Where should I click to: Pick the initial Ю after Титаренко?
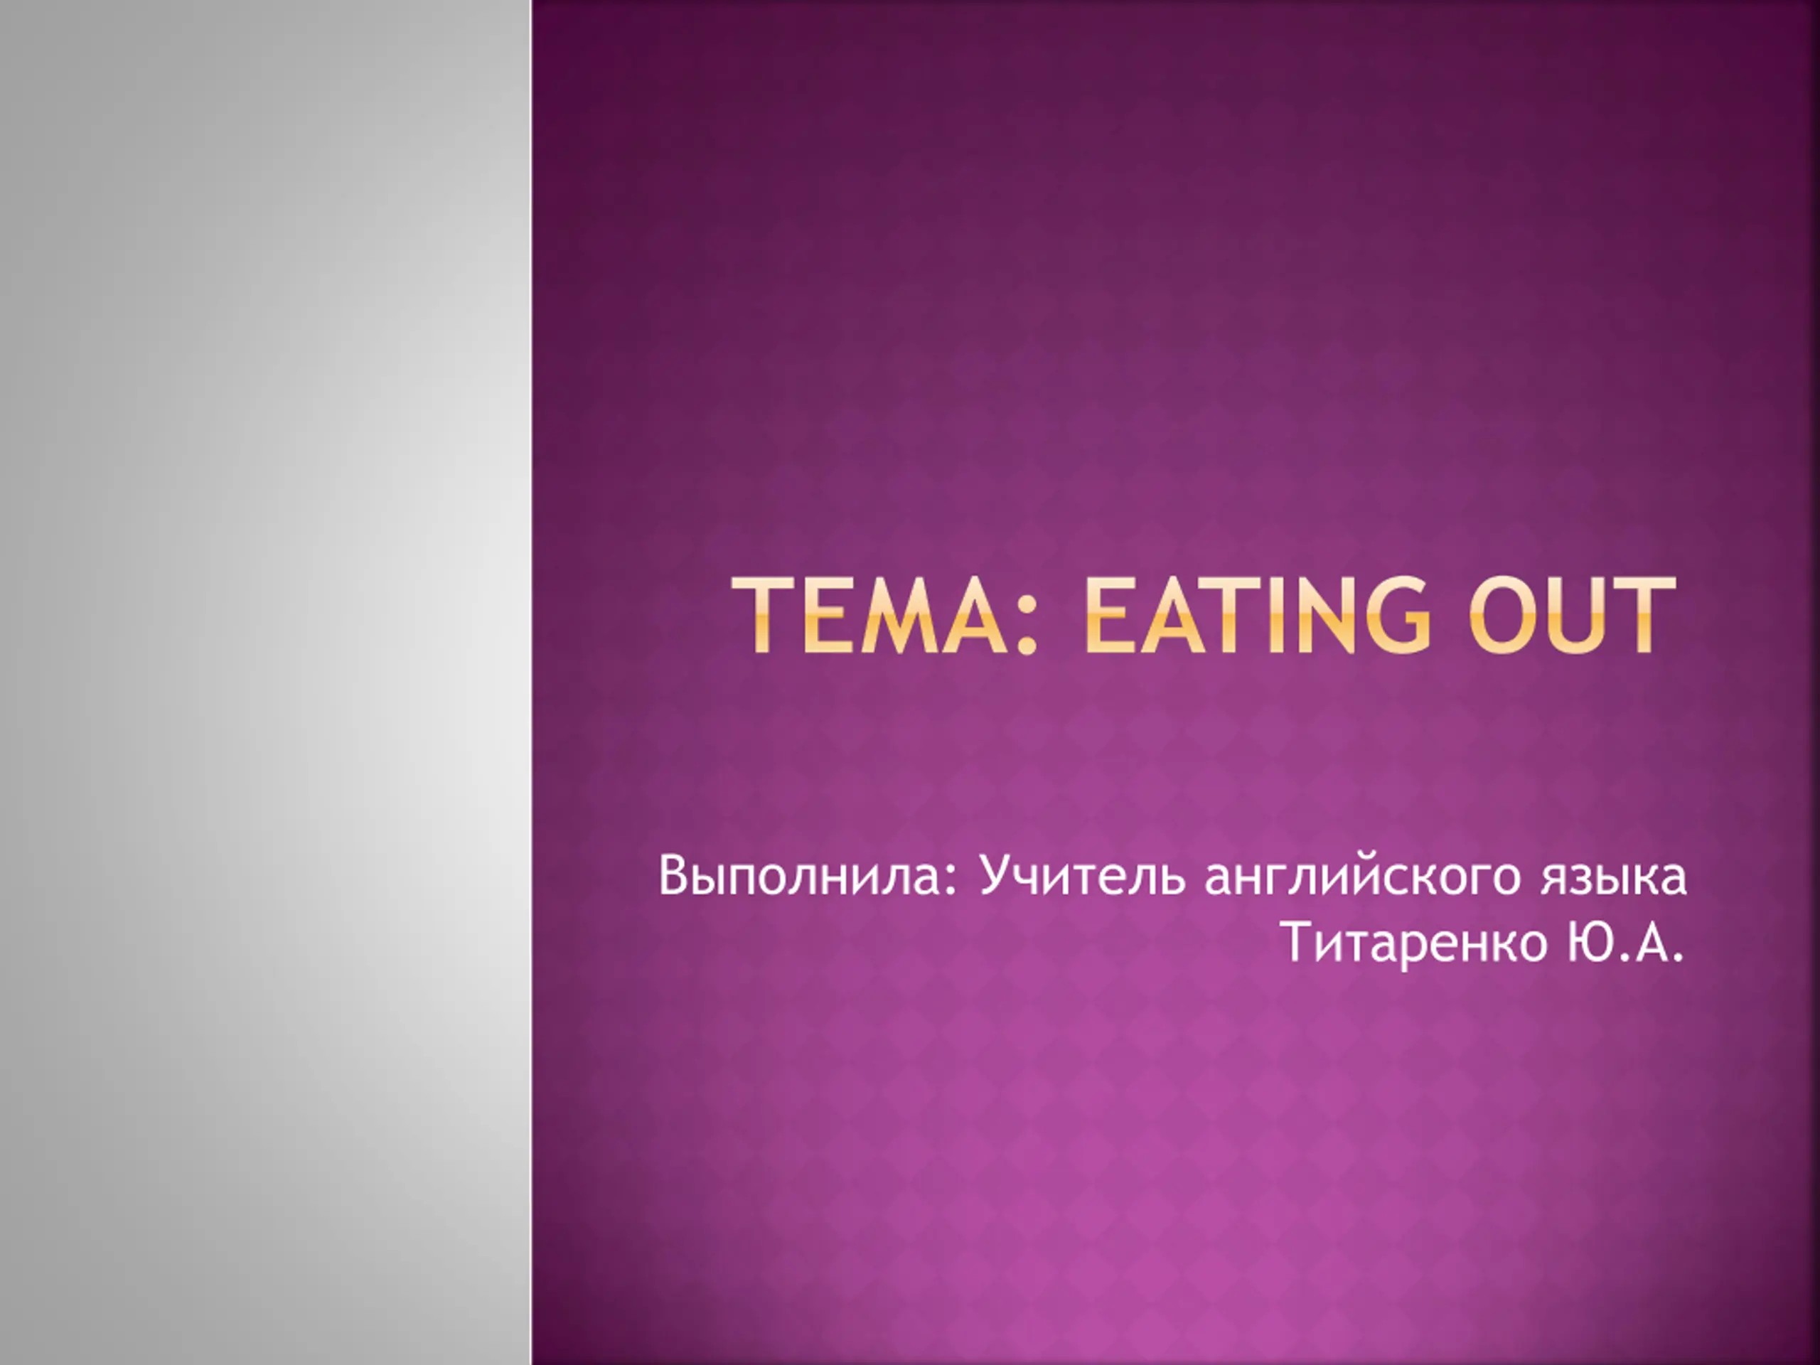(x=1594, y=941)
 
